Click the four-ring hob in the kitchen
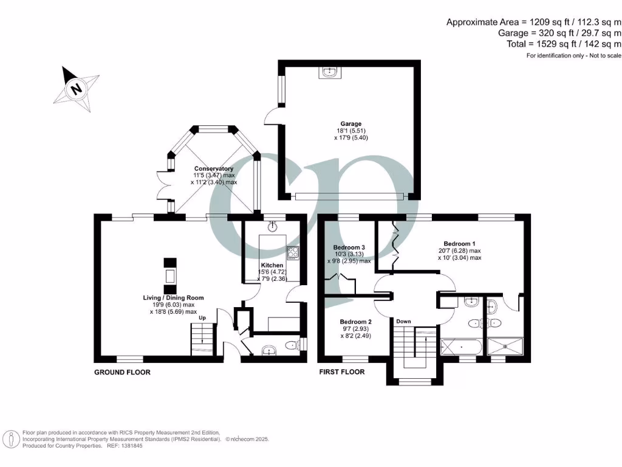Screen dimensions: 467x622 pos(293,252)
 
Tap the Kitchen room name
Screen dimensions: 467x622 pos(272,266)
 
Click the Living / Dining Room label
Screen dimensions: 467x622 pos(173,297)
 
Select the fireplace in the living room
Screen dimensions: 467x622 pos(170,275)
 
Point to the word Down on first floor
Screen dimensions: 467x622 pos(404,321)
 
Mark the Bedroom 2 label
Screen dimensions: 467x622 pos(355,322)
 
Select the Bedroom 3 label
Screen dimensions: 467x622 pos(349,247)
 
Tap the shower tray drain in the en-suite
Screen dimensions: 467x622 pos(506,348)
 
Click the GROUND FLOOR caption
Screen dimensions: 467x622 pos(122,372)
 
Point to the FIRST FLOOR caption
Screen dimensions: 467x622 pos(342,372)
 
